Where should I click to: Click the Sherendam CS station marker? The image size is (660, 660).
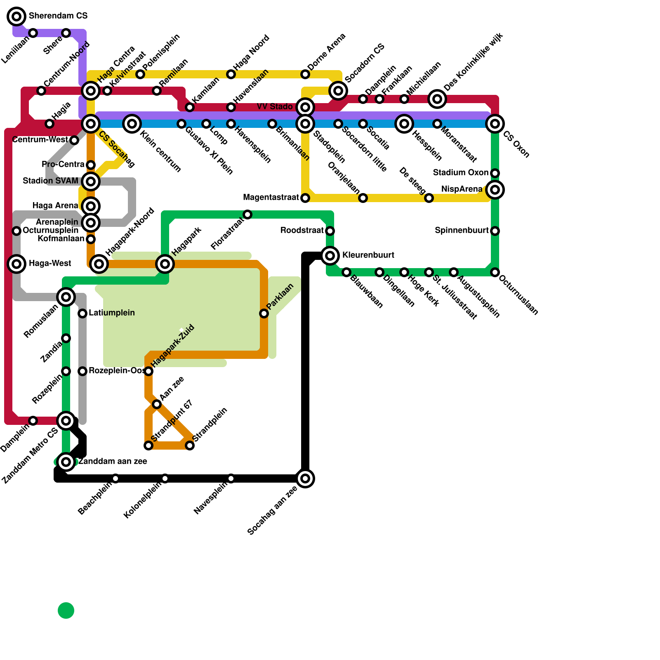click(16, 16)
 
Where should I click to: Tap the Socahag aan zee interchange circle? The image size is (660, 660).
click(305, 478)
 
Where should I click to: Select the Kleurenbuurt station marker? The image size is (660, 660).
click(330, 256)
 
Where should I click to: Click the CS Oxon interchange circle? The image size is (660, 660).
click(495, 124)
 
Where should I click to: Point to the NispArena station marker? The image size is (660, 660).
click(495, 190)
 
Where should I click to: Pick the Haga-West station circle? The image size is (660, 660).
click(16, 264)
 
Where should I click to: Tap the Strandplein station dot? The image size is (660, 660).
click(190, 445)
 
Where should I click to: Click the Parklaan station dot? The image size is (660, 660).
click(264, 313)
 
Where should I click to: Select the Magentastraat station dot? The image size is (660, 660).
click(305, 198)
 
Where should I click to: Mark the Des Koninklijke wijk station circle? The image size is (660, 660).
click(437, 99)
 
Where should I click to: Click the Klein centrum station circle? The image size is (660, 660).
click(132, 124)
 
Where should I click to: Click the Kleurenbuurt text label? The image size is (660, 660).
click(368, 255)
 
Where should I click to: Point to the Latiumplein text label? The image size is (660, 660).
click(111, 313)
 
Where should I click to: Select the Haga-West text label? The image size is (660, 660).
click(50, 263)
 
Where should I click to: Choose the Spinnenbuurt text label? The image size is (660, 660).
click(462, 230)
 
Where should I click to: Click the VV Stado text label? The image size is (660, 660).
click(275, 107)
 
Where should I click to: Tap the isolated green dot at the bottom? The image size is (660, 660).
click(66, 610)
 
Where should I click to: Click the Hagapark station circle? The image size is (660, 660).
click(165, 264)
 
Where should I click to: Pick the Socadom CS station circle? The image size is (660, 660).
click(338, 91)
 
